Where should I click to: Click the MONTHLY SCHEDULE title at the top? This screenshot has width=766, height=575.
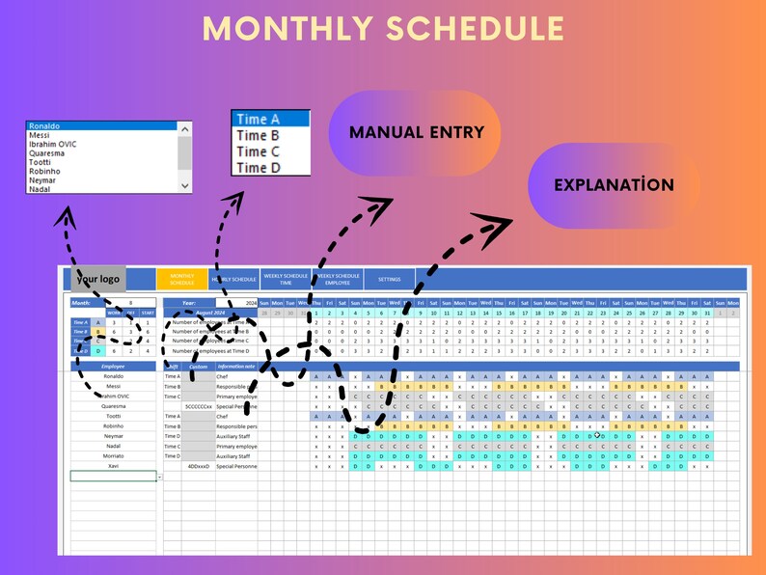(383, 28)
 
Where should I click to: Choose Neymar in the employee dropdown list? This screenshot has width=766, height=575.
(43, 180)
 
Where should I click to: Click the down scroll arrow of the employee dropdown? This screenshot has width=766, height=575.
(184, 185)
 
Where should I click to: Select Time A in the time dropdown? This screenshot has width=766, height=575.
(270, 119)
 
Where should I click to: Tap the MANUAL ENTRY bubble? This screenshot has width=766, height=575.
(417, 132)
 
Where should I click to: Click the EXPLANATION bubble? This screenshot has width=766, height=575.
(614, 184)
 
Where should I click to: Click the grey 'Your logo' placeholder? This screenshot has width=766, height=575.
(97, 279)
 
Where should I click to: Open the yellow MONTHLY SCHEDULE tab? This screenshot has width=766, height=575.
(181, 279)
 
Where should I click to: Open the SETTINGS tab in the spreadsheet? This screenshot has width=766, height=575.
(389, 279)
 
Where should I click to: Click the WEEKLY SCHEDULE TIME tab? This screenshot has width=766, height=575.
(286, 279)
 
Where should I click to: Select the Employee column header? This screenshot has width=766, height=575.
(114, 367)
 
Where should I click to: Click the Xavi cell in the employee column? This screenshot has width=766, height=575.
(114, 466)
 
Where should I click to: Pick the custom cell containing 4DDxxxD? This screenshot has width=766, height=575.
(199, 466)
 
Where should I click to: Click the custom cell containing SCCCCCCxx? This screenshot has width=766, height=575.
(199, 406)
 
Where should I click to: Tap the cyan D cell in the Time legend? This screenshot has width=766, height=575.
(97, 351)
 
